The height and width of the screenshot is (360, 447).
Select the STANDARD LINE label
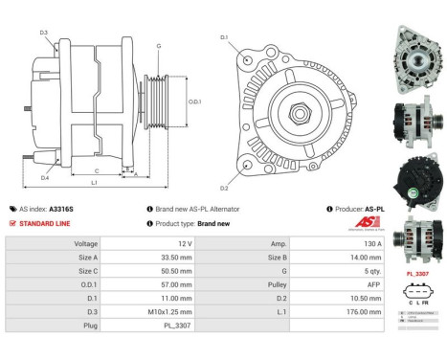pos(45,223)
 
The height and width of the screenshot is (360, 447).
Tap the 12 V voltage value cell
pos(159,244)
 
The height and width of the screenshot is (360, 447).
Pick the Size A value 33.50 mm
pos(159,258)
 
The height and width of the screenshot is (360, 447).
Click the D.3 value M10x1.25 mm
pos(159,311)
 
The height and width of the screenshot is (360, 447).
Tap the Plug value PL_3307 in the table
pos(159,325)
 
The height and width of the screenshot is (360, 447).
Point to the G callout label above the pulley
pos(158,46)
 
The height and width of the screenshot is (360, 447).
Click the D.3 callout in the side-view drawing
pos(44,33)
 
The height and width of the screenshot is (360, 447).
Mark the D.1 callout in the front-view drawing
pos(224,37)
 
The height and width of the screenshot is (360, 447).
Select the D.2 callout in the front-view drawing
pos(224,187)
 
